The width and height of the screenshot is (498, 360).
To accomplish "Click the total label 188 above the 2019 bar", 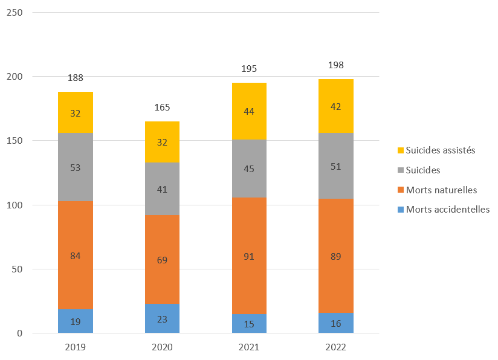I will point(76,77).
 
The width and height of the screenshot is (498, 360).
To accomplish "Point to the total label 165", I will point(162,108).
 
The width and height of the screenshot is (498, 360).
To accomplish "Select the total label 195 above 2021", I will point(248,69).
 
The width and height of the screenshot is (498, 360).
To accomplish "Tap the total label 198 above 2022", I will point(335,65).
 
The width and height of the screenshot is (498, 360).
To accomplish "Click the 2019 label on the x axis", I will point(76,347).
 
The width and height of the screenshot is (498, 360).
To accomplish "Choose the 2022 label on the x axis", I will point(335,347).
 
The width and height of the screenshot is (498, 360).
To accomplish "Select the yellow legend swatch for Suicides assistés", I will point(400,150).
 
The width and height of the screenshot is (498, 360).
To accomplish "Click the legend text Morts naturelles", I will point(441,190).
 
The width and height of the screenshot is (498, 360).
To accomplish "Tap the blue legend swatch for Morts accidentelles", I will point(400,210).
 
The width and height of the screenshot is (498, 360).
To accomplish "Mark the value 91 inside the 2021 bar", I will point(248,256).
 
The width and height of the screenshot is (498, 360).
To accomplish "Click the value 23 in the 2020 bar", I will point(162,319).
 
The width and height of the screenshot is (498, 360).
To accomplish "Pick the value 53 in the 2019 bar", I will point(76,167).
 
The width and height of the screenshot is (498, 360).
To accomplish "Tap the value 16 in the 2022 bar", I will point(335,323).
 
